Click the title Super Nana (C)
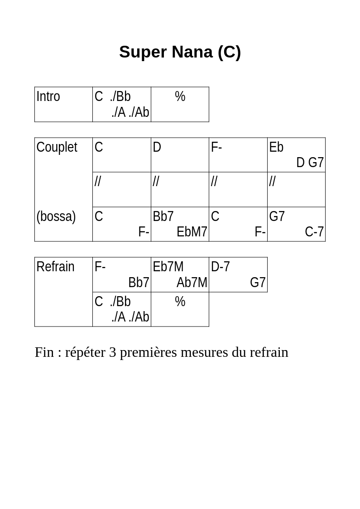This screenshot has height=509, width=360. click(x=180, y=52)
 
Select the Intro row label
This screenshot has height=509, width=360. click(x=48, y=96)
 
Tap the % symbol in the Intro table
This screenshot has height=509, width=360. click(x=180, y=96)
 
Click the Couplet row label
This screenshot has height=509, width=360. click(x=57, y=147)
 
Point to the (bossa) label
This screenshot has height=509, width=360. click(x=56, y=216)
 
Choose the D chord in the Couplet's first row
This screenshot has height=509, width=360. click(x=157, y=147)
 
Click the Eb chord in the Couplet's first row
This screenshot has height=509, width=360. click(x=276, y=147)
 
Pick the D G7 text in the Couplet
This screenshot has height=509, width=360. click(x=310, y=162)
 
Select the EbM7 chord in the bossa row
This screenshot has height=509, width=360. click(x=192, y=232)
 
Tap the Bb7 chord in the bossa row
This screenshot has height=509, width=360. click(x=163, y=216)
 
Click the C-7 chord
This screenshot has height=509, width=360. click(x=314, y=232)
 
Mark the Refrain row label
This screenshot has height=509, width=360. click(x=56, y=267)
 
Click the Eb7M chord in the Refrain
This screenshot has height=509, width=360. click(x=168, y=267)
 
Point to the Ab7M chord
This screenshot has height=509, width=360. click(x=192, y=283)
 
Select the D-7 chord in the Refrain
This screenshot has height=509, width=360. click(x=221, y=267)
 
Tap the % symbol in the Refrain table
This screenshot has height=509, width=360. click(x=180, y=302)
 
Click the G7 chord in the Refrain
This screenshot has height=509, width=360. click(x=258, y=283)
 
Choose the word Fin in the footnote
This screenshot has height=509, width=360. click(x=44, y=352)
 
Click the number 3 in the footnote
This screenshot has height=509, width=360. click(x=113, y=352)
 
